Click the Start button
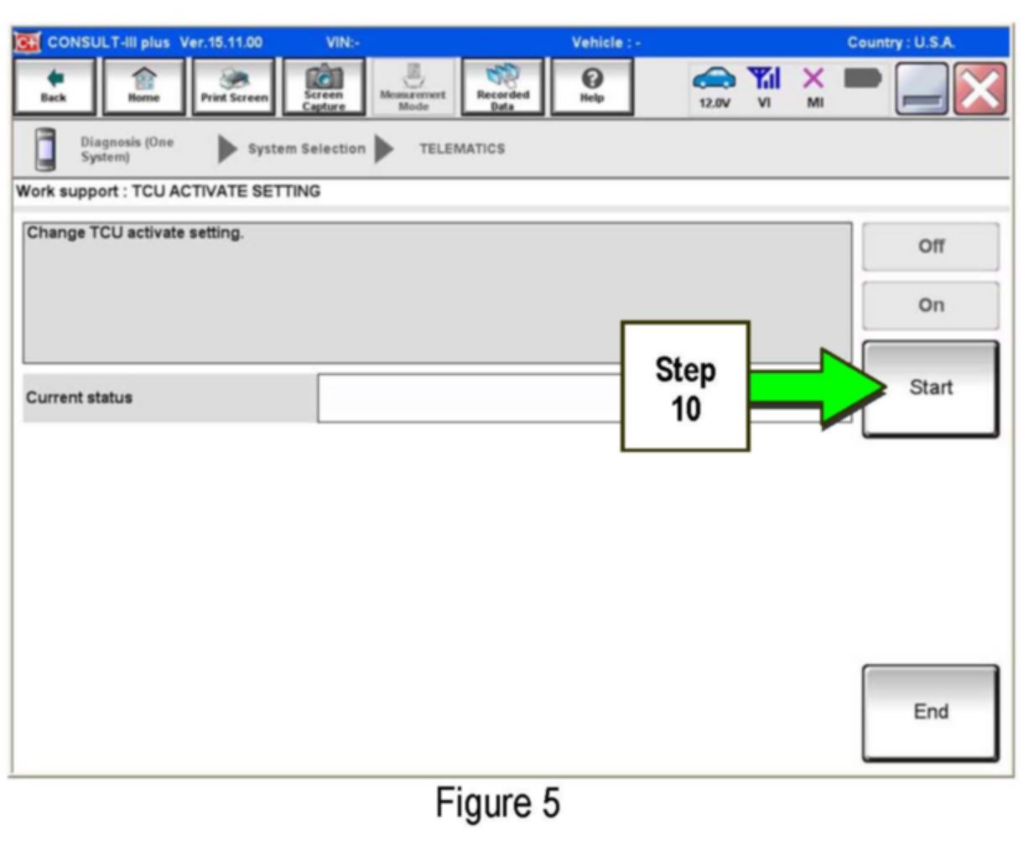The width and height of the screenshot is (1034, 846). (x=930, y=388)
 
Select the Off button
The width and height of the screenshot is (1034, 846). (x=930, y=247)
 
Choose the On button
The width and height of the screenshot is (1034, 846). (x=930, y=305)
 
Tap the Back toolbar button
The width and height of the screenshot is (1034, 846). (x=54, y=86)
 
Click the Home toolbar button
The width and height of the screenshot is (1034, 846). (x=144, y=86)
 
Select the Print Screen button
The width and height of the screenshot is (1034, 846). (x=234, y=86)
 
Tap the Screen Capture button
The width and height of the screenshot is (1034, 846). (x=324, y=86)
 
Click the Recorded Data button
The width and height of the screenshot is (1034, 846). (x=502, y=86)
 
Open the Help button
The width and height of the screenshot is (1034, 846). (x=592, y=86)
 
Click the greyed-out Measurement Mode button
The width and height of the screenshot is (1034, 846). (x=413, y=86)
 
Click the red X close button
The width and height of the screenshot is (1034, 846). (x=979, y=88)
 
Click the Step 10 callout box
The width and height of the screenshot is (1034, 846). (x=685, y=387)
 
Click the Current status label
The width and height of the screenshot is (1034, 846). (x=80, y=397)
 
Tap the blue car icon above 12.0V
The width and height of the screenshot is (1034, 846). (x=714, y=79)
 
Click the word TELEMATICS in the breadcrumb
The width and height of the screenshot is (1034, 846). (x=462, y=149)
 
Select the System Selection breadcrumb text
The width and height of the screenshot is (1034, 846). (x=306, y=149)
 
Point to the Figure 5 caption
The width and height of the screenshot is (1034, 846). (x=497, y=803)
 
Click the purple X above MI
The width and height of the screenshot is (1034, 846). (x=813, y=79)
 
